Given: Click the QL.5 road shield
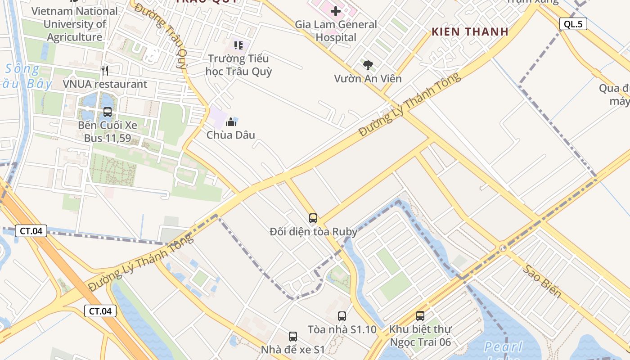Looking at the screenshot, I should tap(573, 24).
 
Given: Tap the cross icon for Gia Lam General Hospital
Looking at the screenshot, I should tap(336, 11).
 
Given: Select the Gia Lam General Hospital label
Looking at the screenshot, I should tap(336, 31).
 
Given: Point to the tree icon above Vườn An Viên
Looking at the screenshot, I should tap(368, 65).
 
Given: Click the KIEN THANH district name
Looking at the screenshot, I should tap(470, 31).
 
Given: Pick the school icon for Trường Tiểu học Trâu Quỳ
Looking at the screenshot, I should tap(238, 45).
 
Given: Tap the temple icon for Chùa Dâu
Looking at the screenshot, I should tap(231, 121).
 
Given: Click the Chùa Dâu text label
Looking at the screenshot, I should tap(231, 135).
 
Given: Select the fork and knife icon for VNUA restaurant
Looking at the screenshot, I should tap(105, 70).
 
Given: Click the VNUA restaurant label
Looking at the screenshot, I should tap(105, 84).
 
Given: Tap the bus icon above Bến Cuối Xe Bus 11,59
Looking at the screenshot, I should tap(107, 112).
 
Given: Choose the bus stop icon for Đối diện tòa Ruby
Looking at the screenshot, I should tap(313, 218).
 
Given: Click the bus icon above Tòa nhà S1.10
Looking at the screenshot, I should tap(342, 316).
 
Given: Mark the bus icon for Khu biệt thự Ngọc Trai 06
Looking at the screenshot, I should tap(420, 316).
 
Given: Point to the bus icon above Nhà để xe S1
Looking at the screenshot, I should tap(293, 336).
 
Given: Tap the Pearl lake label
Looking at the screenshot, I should tap(504, 347).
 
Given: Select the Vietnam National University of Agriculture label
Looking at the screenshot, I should tap(75, 24).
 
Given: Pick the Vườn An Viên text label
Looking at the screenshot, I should tap(368, 79).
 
